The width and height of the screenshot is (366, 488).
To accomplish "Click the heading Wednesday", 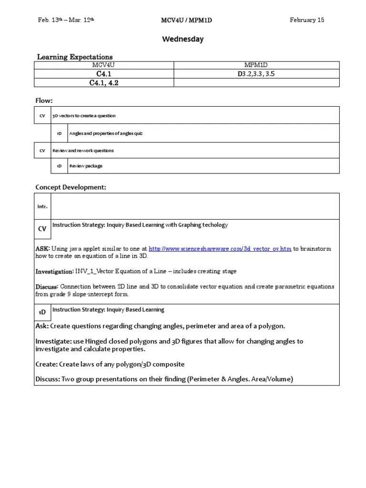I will [x=183, y=39].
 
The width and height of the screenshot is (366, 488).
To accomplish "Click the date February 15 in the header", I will [x=307, y=20].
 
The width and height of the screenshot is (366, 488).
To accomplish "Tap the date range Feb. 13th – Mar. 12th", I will [x=70, y=20].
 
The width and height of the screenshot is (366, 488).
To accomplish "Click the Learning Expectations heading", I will [x=75, y=57].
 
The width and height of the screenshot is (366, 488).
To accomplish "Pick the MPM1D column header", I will [x=256, y=65].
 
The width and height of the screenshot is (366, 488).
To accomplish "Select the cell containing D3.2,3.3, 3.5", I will [x=256, y=74].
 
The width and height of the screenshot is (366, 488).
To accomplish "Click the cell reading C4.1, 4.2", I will [x=104, y=82].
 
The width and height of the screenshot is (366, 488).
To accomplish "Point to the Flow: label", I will [x=44, y=101].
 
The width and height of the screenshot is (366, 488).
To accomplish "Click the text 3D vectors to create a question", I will [x=84, y=116].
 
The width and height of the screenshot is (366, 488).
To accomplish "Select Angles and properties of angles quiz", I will [x=106, y=133].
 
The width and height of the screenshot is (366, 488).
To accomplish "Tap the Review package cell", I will [x=86, y=166].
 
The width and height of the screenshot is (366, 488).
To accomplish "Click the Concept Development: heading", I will [x=71, y=187].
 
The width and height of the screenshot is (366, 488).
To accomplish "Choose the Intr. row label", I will [x=42, y=206].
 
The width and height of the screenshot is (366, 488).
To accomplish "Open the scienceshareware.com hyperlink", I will [x=220, y=249].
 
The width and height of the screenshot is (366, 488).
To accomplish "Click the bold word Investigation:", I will [x=54, y=271].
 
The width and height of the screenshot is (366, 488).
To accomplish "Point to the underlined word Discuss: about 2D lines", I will [x=47, y=287].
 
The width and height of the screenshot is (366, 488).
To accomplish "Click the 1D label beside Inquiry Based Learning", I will [x=42, y=312].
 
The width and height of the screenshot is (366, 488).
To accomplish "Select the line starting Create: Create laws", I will [x=110, y=364].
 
